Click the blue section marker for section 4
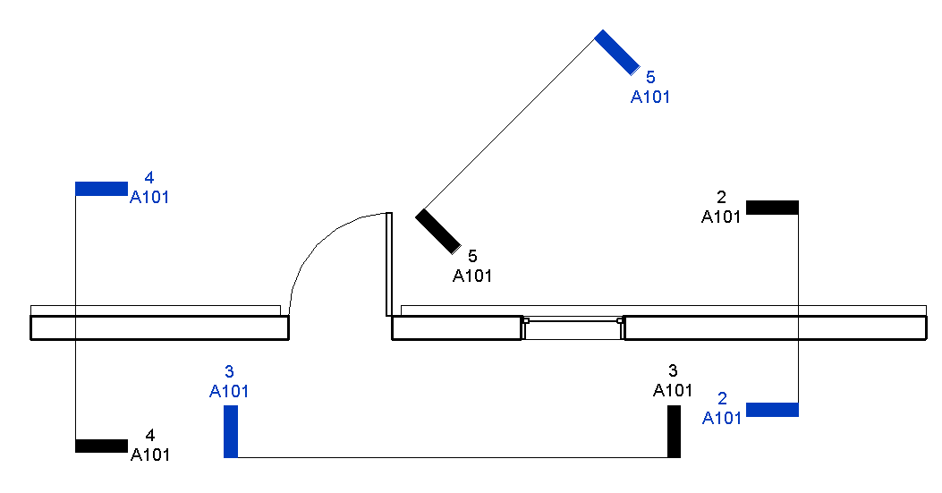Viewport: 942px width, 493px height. click(x=101, y=189)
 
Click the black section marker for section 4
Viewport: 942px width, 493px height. click(x=101, y=446)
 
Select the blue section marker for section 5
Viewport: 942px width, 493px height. click(x=617, y=52)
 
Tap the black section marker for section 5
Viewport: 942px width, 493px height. click(x=437, y=232)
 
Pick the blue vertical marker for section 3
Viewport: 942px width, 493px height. click(x=231, y=431)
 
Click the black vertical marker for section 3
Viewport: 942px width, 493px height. click(x=674, y=431)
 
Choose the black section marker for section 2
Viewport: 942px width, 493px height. click(x=772, y=208)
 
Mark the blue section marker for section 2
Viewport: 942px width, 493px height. click(x=772, y=410)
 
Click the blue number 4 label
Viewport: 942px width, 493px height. click(x=149, y=179)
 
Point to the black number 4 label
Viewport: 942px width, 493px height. click(x=150, y=436)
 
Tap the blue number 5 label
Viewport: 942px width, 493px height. click(x=650, y=79)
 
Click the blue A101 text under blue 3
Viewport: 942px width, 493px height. click(x=229, y=391)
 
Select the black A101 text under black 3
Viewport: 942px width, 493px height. click(x=673, y=390)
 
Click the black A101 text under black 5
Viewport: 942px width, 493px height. click(x=472, y=276)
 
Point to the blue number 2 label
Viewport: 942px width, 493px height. click(x=722, y=399)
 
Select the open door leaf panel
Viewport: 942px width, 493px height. click(x=389, y=264)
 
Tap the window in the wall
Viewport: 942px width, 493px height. click(x=573, y=328)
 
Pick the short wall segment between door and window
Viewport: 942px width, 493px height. click(x=456, y=328)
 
